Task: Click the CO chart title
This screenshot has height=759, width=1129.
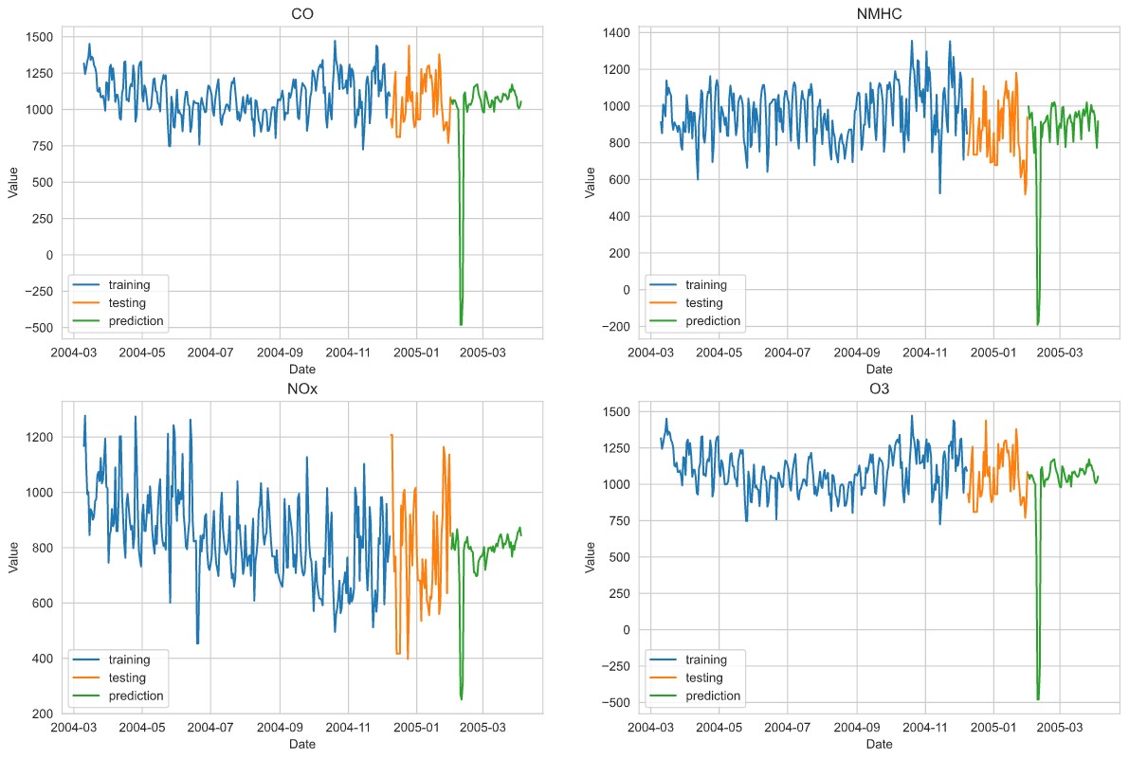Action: [x=302, y=14]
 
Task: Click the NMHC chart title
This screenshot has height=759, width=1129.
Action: [x=879, y=14]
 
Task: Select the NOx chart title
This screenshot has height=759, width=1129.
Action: [x=302, y=389]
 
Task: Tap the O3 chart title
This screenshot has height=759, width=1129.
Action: [x=879, y=389]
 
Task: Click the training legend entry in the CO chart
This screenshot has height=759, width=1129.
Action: [x=128, y=283]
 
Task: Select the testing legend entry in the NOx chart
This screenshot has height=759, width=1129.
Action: [x=127, y=678]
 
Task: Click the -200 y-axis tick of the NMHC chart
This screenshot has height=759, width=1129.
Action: [x=618, y=327]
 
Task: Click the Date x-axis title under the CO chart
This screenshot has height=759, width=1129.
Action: [x=302, y=370]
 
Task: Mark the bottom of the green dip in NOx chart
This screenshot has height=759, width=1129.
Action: [x=462, y=699]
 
